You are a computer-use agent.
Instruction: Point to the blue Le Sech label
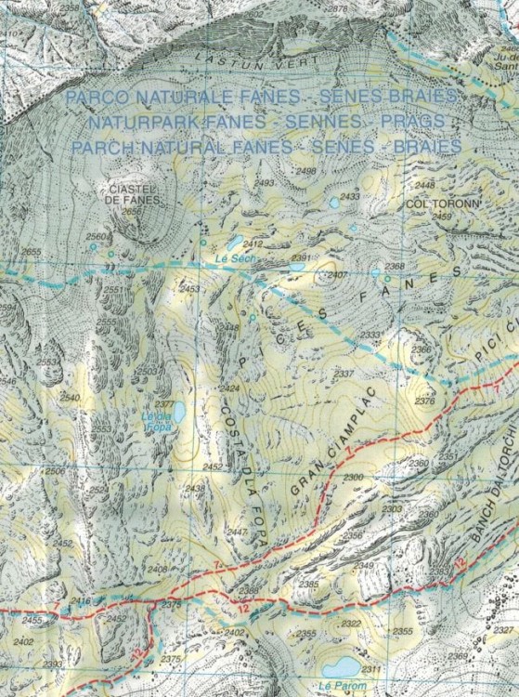(233, 257)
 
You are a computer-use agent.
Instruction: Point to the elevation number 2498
(305, 172)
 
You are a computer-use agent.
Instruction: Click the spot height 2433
(350, 197)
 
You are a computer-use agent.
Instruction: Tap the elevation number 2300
(353, 477)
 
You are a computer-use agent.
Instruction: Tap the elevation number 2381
(300, 257)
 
